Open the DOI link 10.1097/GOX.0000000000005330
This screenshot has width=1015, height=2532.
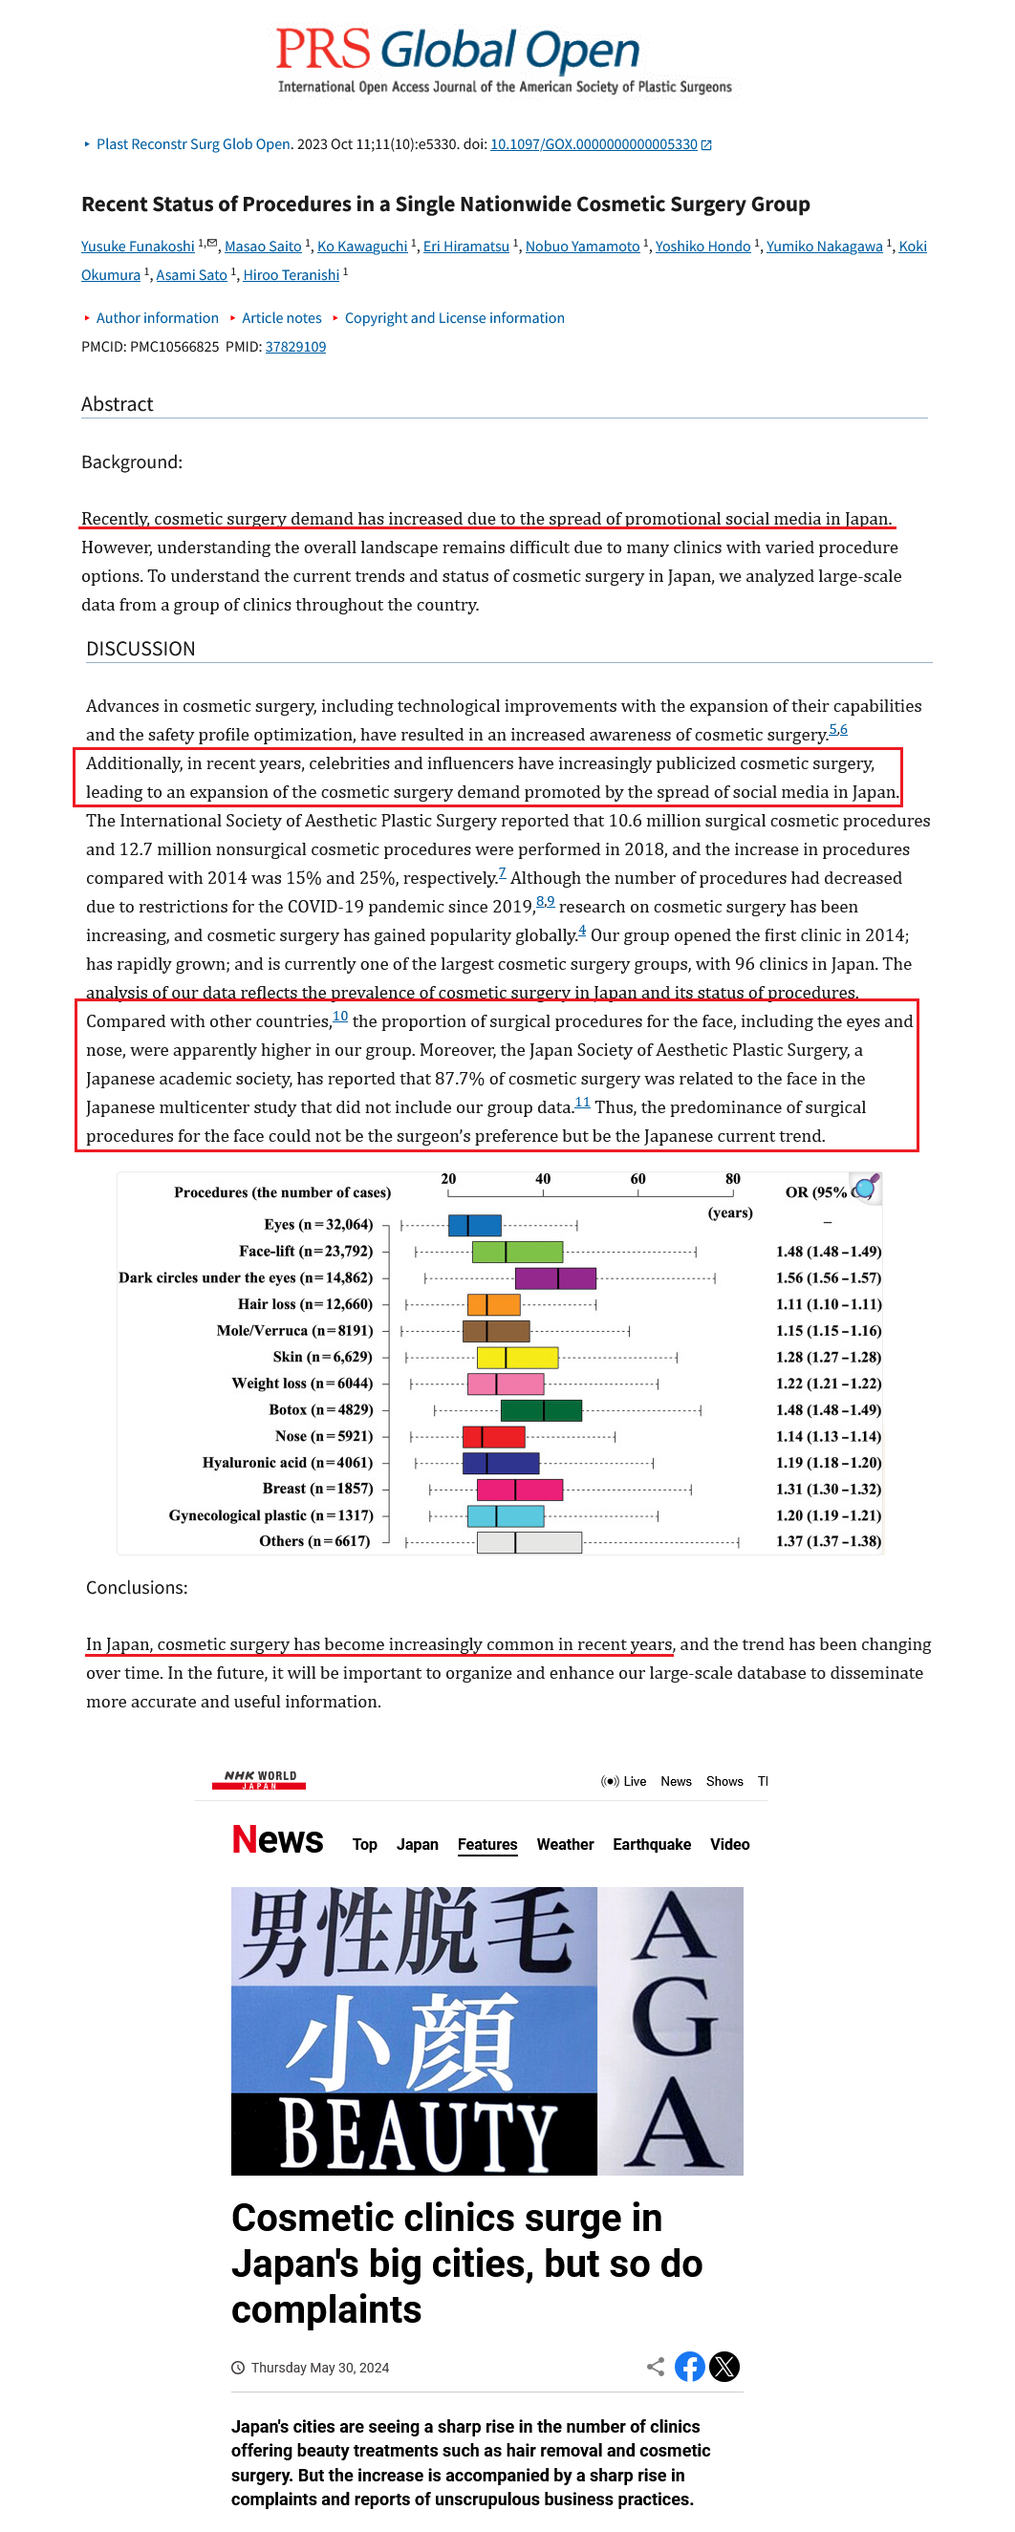click(x=594, y=144)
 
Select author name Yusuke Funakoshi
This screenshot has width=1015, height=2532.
click(x=138, y=247)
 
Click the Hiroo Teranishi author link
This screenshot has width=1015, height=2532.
click(x=291, y=275)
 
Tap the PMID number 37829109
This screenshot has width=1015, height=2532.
click(x=295, y=347)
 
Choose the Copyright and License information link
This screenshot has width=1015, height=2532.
click(x=453, y=318)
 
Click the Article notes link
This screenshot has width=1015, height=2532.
click(x=281, y=318)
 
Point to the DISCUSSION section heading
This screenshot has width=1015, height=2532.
click(x=140, y=649)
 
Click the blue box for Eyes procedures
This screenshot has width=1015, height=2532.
click(x=474, y=1225)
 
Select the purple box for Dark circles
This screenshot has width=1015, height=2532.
click(x=554, y=1277)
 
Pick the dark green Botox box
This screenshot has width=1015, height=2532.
click(x=541, y=1410)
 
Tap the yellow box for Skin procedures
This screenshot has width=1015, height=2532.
click(x=517, y=1358)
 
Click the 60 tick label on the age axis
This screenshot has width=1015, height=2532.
click(x=637, y=1178)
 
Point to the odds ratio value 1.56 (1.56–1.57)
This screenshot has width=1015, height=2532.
click(x=828, y=1277)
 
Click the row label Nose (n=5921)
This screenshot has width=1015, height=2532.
click(x=324, y=1437)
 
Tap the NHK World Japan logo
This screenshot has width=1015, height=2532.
click(x=260, y=1780)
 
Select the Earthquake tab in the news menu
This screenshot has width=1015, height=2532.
click(x=651, y=1845)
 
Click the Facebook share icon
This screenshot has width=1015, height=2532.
click(x=689, y=2367)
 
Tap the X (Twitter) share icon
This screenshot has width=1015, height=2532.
click(x=724, y=2367)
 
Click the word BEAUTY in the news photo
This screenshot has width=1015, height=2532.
click(x=417, y=2135)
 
